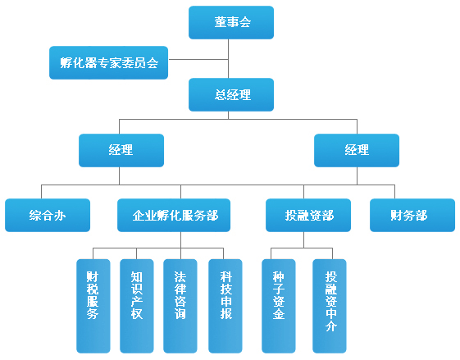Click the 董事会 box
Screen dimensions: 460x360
click(x=231, y=23)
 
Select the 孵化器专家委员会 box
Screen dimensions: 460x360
click(x=108, y=62)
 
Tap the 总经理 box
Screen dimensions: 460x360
click(x=231, y=94)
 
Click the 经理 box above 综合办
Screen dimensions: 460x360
click(x=121, y=150)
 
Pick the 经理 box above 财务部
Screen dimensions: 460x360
click(x=357, y=150)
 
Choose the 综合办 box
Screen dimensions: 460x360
click(x=48, y=215)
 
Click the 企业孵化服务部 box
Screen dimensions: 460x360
click(x=174, y=215)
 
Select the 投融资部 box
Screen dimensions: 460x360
click(x=308, y=215)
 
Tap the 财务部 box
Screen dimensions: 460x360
click(x=412, y=215)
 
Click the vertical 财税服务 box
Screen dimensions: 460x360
click(x=93, y=306)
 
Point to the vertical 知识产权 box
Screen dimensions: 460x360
click(x=137, y=306)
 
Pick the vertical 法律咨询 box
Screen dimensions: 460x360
click(x=180, y=306)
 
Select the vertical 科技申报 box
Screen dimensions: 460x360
click(x=225, y=306)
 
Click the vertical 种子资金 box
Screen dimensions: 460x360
click(x=279, y=306)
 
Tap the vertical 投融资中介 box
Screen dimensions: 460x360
click(x=330, y=306)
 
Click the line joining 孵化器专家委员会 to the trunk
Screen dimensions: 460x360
click(x=198, y=60)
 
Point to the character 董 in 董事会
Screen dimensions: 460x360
click(x=220, y=22)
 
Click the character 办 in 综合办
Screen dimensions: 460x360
click(x=60, y=216)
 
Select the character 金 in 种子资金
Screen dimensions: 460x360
click(x=279, y=313)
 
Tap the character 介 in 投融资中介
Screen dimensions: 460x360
click(x=330, y=326)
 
